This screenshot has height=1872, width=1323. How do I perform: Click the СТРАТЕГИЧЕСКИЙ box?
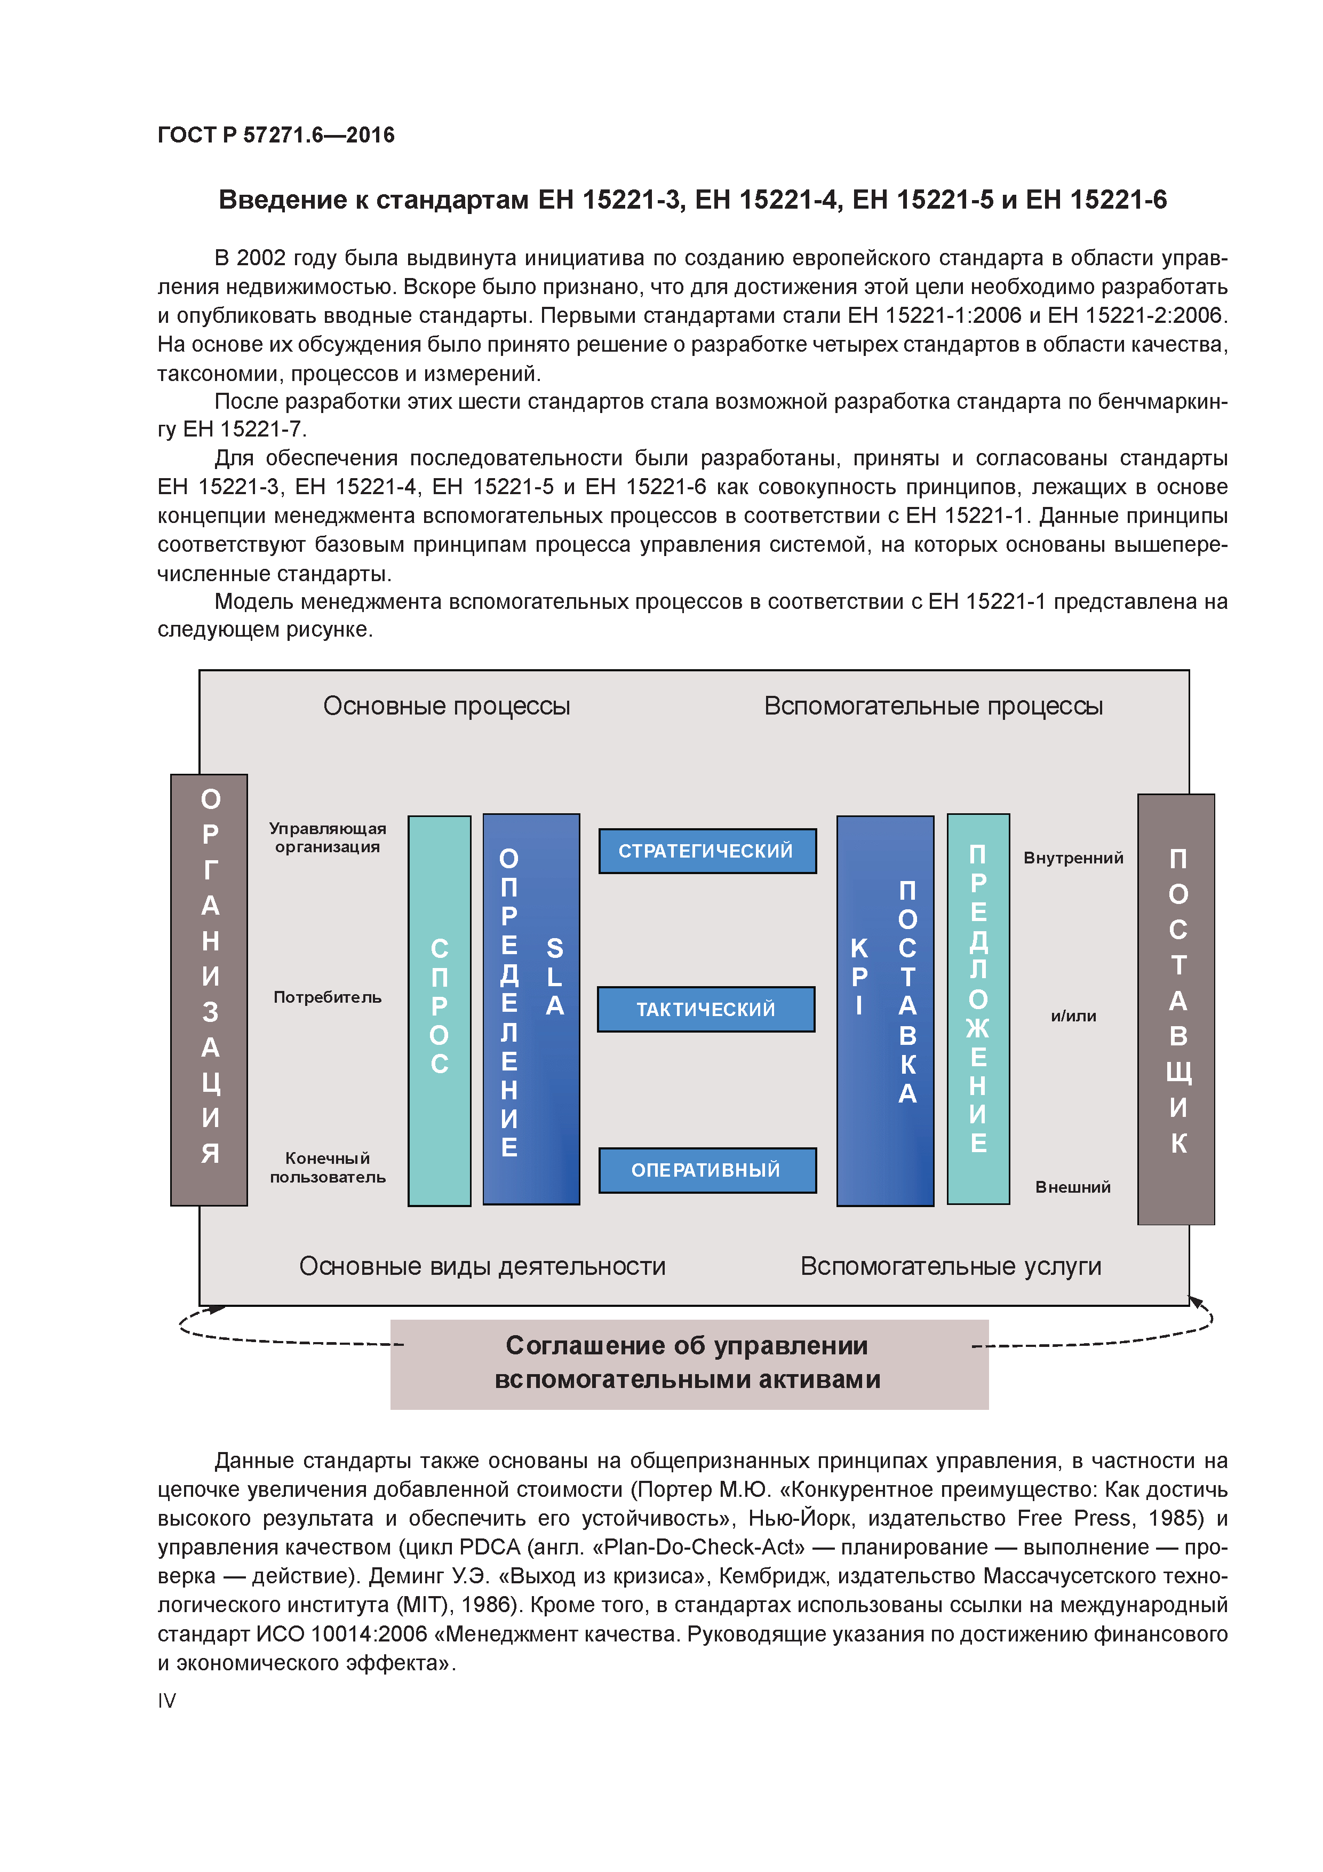(x=707, y=851)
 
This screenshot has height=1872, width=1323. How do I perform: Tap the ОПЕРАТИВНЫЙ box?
(x=707, y=1169)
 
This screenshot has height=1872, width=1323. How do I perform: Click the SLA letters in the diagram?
(x=554, y=977)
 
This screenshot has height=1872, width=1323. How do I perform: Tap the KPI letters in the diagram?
(x=859, y=977)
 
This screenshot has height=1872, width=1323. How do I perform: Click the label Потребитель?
(x=327, y=997)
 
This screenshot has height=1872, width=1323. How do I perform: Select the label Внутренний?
(x=1073, y=858)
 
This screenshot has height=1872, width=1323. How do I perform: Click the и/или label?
(x=1073, y=1016)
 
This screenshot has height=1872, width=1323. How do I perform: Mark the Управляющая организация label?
(x=327, y=837)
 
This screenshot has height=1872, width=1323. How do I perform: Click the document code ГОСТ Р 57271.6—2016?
(x=275, y=134)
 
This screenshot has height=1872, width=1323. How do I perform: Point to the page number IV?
(x=166, y=1700)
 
